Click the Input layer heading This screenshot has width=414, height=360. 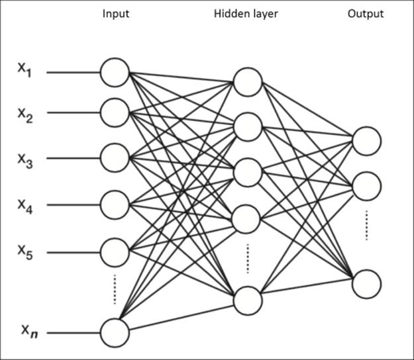tap(115, 14)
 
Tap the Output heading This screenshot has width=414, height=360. tap(365, 14)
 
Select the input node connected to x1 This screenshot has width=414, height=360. tap(115, 72)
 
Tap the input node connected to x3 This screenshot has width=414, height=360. tap(115, 157)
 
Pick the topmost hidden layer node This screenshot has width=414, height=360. tap(247, 82)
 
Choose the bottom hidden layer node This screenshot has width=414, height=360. tap(247, 300)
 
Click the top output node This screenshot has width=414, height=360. tap(367, 140)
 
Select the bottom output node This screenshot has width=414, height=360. tap(367, 283)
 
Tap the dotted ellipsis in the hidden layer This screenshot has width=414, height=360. tap(247, 258)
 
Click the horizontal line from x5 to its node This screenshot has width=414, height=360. tap(73, 251)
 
